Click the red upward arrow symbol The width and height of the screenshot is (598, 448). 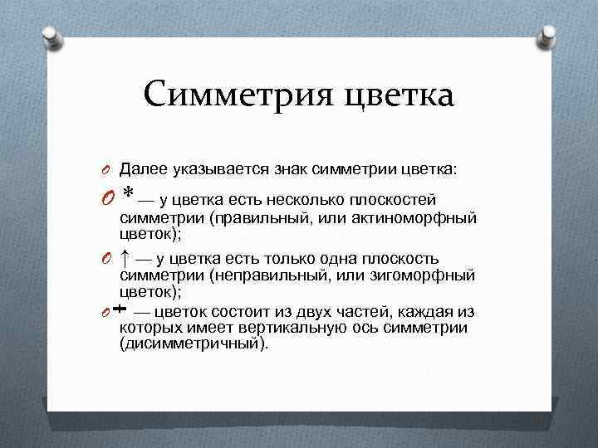coord(125,257)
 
